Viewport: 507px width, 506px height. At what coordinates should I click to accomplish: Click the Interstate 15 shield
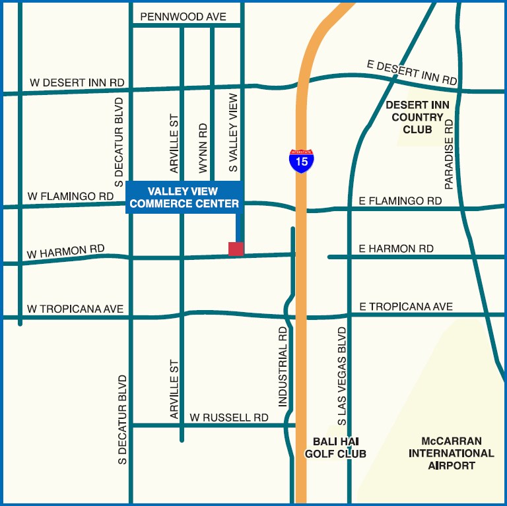(x=302, y=160)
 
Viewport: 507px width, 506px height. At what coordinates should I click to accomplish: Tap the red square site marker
(x=236, y=249)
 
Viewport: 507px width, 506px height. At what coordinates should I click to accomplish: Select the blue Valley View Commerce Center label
(x=184, y=197)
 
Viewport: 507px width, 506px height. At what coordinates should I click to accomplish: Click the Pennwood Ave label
(x=183, y=16)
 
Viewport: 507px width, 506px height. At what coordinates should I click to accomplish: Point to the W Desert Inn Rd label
(x=77, y=82)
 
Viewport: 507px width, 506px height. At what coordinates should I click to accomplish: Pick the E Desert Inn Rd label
(x=412, y=71)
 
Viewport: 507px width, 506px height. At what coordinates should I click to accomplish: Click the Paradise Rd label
(x=449, y=154)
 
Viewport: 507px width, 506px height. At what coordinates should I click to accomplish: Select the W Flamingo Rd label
(x=70, y=196)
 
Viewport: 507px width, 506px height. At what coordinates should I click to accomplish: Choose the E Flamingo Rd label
(x=400, y=201)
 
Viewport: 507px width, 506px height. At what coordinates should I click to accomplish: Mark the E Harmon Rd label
(x=396, y=249)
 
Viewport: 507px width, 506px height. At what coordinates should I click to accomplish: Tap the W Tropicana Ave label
(x=75, y=309)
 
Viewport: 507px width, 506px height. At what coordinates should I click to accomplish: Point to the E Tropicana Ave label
(x=406, y=307)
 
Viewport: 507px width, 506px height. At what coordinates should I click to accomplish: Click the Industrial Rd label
(x=283, y=366)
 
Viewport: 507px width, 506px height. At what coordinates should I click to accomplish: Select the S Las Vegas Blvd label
(x=341, y=375)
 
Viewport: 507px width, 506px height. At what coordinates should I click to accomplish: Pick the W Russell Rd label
(x=228, y=418)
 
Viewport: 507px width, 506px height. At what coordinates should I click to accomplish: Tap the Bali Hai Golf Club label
(x=335, y=447)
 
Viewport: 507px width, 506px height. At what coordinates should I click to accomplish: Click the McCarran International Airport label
(x=451, y=453)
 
